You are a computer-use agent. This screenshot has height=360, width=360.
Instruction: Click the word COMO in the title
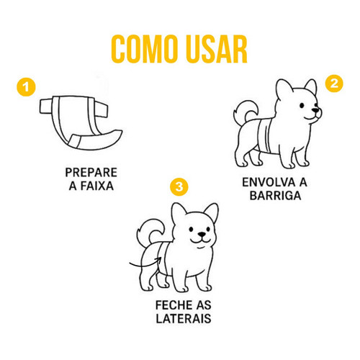(143, 49)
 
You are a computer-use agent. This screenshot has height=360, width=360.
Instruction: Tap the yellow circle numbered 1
(26, 87)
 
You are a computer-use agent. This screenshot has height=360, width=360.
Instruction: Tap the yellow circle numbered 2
(334, 84)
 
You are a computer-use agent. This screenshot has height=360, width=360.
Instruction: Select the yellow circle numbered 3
(179, 186)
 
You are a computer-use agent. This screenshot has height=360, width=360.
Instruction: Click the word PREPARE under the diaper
(91, 173)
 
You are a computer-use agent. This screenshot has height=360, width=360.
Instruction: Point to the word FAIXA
(96, 186)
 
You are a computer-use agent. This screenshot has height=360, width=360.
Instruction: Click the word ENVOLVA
(269, 182)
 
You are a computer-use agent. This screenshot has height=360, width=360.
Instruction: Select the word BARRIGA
(275, 196)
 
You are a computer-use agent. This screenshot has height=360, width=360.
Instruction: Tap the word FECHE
(174, 305)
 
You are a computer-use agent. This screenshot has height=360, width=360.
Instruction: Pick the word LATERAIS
(184, 318)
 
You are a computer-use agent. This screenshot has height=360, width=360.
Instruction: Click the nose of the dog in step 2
(315, 110)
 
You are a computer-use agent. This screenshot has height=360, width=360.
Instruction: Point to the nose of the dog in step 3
(202, 235)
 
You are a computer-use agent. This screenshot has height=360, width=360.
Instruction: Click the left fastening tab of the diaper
(46, 106)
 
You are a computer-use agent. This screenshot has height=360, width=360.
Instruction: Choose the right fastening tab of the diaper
(102, 109)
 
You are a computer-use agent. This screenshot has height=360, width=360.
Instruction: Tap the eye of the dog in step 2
(302, 105)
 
